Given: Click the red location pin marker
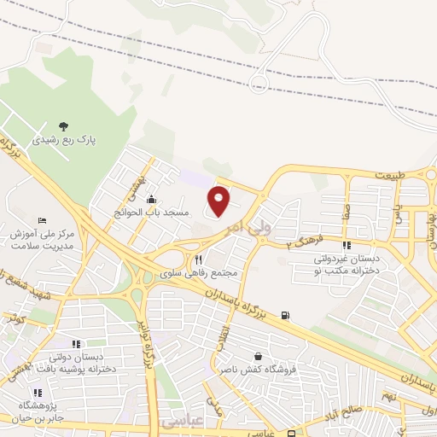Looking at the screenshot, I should coord(219,201).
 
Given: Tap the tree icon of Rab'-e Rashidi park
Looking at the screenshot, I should coord(64,125).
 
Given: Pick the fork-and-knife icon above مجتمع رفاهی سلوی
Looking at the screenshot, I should coord(199,259).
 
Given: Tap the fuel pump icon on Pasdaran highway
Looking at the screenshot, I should coord(284,315).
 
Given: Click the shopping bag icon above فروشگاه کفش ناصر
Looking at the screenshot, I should coord(257,356).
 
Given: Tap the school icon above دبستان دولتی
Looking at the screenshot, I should coord(76,344).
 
